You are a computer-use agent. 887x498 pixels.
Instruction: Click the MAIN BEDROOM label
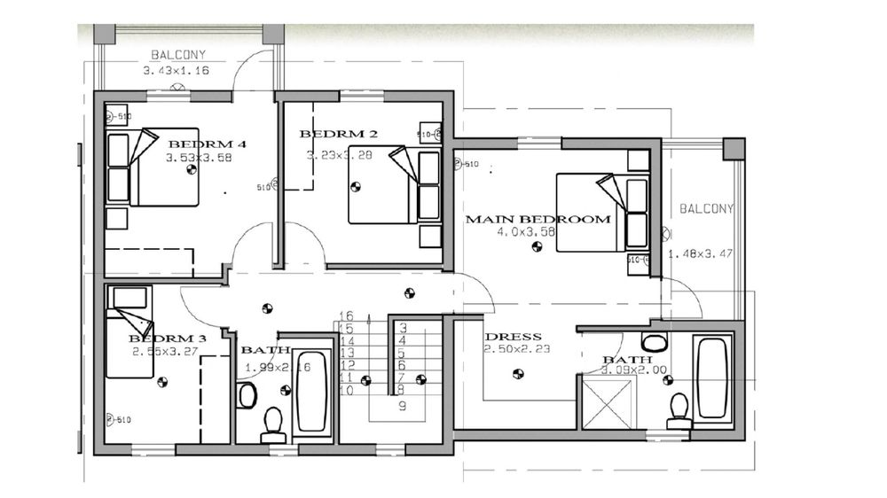[x=538, y=219]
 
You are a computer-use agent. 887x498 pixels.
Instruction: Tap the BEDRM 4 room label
[x=207, y=144]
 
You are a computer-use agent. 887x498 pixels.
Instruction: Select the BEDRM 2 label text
[x=339, y=135]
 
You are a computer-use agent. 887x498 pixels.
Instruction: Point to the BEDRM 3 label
[x=168, y=338]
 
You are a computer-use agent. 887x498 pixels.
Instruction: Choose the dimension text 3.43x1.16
[x=176, y=70]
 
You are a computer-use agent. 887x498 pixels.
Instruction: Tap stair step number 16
[x=346, y=315]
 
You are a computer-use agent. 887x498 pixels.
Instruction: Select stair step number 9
[x=402, y=407]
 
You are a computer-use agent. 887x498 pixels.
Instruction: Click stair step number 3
[x=403, y=328]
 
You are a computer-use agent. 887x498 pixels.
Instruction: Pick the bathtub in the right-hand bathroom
[x=711, y=377]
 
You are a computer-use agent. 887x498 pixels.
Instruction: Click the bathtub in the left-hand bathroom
[x=311, y=390]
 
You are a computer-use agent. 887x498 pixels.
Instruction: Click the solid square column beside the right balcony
[x=734, y=148]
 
